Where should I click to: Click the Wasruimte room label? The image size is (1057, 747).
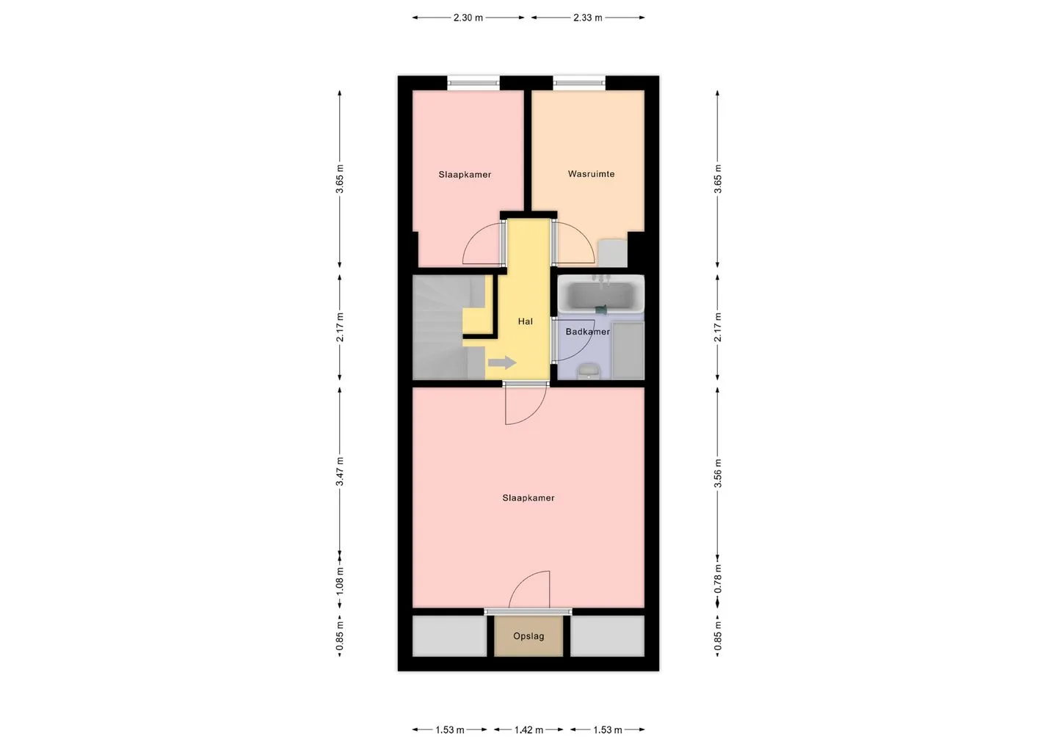pos(591,174)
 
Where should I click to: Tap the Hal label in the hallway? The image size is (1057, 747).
pos(526,321)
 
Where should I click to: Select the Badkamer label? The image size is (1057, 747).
pos(587,332)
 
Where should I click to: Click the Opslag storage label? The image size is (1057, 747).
pos(528,636)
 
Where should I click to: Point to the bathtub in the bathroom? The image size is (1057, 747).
pos(600,294)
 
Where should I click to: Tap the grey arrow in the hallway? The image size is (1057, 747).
pos(502,362)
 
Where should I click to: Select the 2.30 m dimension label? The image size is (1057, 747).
pos(468,18)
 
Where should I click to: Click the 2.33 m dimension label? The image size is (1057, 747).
pos(587,18)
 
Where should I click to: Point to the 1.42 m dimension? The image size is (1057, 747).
pos(528,730)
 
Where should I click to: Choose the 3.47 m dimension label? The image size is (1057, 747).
pos(340,471)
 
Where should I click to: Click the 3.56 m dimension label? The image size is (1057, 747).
pos(718,473)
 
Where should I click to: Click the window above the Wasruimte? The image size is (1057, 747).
pos(579,83)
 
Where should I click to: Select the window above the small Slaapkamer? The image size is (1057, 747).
pos(473,83)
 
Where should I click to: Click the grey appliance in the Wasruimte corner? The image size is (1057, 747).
pos(612,253)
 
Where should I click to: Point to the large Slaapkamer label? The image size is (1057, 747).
pos(528,498)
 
